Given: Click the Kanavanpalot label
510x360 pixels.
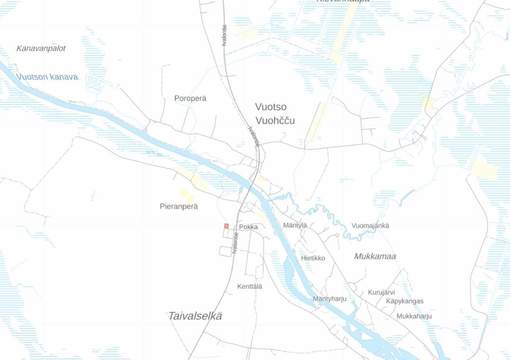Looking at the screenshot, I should (41, 49).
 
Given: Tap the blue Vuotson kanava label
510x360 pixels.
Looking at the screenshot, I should (47, 77).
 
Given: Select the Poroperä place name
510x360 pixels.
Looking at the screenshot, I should (190, 98).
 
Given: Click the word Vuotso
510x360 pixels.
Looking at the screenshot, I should (271, 107).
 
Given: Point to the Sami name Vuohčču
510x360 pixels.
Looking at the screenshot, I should (275, 121).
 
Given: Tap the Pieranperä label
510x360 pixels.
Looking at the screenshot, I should (179, 206).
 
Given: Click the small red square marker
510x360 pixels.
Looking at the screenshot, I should (226, 226).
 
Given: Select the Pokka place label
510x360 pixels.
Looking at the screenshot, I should (249, 227).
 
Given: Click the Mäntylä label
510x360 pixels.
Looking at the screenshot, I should (295, 225).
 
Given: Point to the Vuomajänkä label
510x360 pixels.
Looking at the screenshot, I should (370, 226).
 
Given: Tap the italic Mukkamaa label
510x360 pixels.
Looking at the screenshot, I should (375, 256).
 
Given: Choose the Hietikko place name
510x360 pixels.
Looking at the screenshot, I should (313, 258).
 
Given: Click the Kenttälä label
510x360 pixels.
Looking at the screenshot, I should (250, 287).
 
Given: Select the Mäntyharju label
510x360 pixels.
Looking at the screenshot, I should (329, 299).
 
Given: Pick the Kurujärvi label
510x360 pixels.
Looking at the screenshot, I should (381, 292).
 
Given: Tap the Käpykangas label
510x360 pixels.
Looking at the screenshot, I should (404, 301).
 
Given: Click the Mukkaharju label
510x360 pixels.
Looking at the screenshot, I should (414, 316).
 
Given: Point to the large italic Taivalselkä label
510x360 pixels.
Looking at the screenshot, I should (195, 316).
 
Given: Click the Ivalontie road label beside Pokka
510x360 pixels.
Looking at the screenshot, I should (235, 243).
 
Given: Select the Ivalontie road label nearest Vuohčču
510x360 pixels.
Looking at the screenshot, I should (254, 137).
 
